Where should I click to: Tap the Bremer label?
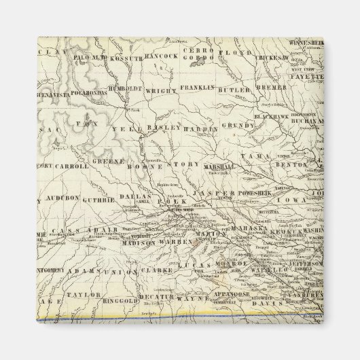click(x=270, y=88)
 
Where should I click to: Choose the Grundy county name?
click(x=237, y=126)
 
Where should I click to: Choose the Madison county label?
click(x=142, y=242)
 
